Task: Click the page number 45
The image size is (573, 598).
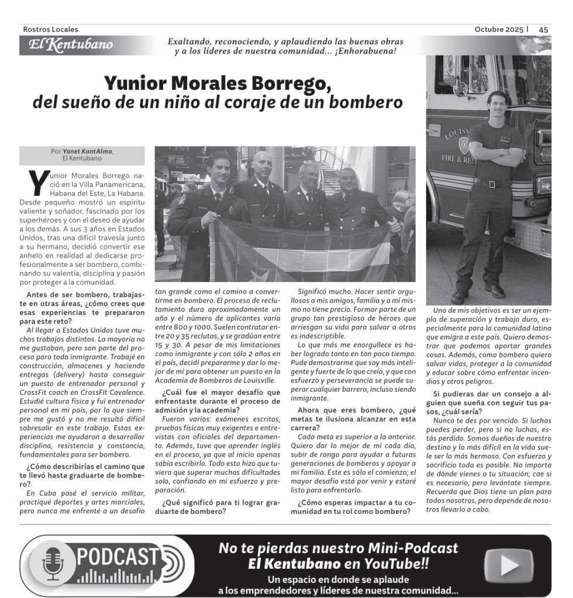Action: pos(543,29)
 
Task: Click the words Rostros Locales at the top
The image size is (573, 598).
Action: pos(50,29)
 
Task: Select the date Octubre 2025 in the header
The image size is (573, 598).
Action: pos(499,29)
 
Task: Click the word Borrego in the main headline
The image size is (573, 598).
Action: pos(286,83)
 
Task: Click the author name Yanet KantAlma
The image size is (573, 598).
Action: pos(89,151)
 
